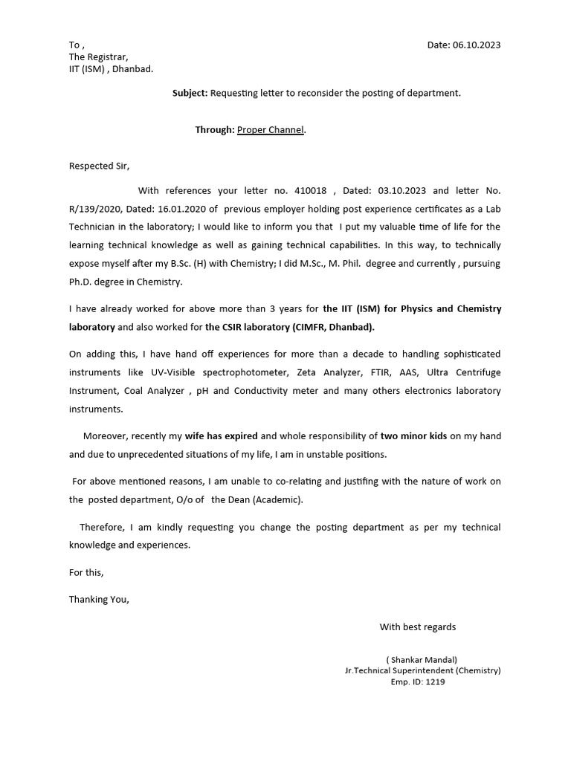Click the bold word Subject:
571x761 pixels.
[190, 93]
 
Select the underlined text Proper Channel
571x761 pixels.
[271, 129]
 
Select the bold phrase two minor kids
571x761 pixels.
[413, 436]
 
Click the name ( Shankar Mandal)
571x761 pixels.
[422, 659]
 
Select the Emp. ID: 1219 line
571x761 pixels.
[418, 681]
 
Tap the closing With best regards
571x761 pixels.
[418, 626]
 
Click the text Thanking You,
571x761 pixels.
[99, 600]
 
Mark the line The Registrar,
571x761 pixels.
[98, 57]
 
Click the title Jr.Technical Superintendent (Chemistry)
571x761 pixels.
[422, 670]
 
